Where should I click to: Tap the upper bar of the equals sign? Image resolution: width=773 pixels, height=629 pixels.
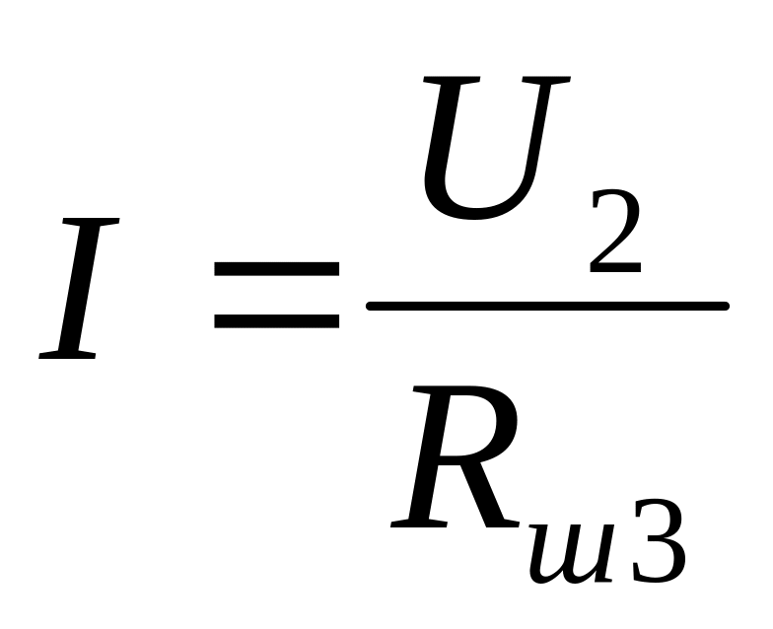tap(276, 268)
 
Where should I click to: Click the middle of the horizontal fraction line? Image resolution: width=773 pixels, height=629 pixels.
tap(547, 307)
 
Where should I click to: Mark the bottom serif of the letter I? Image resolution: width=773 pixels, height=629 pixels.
tap(67, 355)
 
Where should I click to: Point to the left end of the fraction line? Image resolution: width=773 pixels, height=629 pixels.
tap(371, 307)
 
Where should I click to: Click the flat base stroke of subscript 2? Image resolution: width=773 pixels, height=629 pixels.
tap(617, 268)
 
